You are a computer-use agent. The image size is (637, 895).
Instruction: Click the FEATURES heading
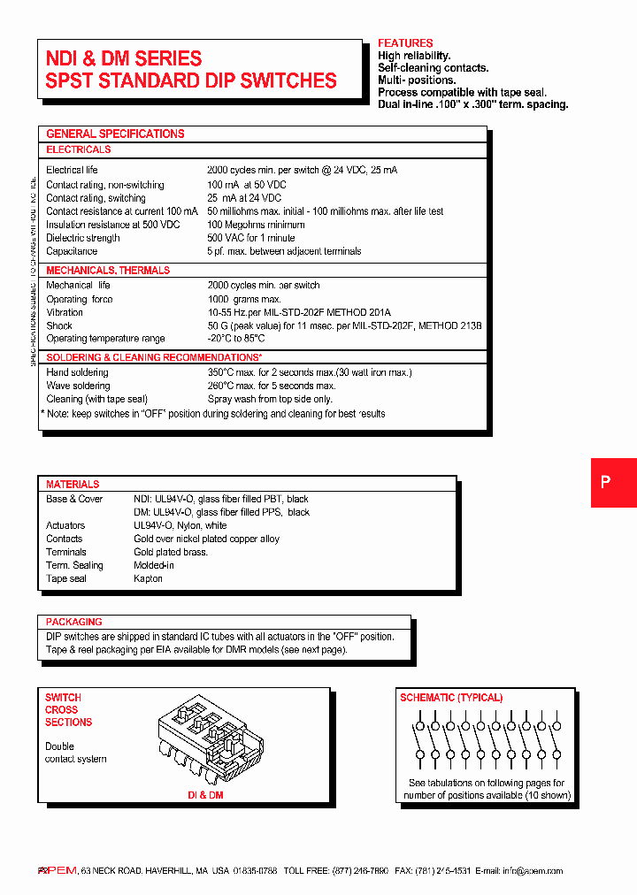pyautogui.click(x=405, y=43)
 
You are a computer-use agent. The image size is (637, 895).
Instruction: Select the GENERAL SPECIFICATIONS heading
pyautogui.click(x=115, y=134)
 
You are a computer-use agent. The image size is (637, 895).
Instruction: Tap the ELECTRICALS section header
pyautogui.click(x=79, y=149)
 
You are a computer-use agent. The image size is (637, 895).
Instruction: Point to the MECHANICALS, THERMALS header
pyautogui.click(x=108, y=270)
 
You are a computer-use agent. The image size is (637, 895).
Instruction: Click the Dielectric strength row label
pyautogui.click(x=83, y=238)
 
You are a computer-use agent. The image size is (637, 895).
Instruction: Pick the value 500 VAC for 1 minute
pyautogui.click(x=251, y=238)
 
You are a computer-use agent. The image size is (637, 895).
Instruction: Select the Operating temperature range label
pyautogui.click(x=105, y=339)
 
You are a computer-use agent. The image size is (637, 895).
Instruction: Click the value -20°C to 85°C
pyautogui.click(x=236, y=339)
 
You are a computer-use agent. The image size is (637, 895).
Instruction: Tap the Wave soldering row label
pyautogui.click(x=78, y=386)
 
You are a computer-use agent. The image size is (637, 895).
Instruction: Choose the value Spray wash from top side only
pyautogui.click(x=269, y=399)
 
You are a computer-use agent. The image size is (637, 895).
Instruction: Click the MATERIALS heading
pyautogui.click(x=73, y=485)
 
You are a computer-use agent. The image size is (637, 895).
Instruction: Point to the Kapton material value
pyautogui.click(x=148, y=578)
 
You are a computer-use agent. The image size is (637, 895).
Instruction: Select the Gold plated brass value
pyautogui.click(x=171, y=552)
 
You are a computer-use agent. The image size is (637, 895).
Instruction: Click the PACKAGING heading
pyautogui.click(x=74, y=622)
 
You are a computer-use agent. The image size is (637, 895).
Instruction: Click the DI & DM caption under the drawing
pyautogui.click(x=204, y=796)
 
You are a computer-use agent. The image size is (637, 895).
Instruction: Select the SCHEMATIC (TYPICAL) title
pyautogui.click(x=451, y=698)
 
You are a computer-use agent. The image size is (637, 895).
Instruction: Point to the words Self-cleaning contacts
pyautogui.click(x=433, y=68)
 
